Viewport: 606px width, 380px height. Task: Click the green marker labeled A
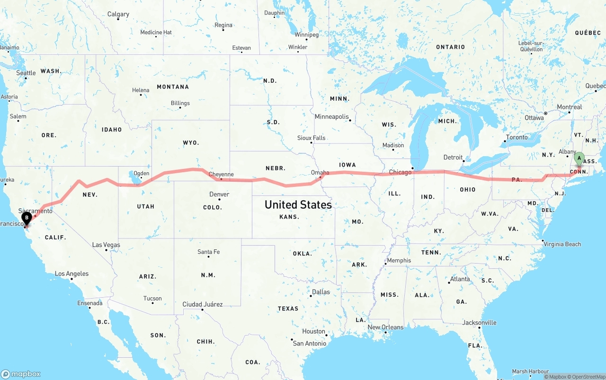click(579, 159)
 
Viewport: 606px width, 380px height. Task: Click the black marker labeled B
click(27, 218)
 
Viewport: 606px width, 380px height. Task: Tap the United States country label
click(298, 204)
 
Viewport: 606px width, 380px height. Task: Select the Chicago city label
click(400, 172)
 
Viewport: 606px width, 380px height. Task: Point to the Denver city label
click(219, 194)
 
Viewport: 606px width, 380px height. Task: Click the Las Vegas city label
click(106, 245)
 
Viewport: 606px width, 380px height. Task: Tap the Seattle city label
click(26, 73)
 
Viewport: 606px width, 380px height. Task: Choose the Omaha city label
click(320, 173)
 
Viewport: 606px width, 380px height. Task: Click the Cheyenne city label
click(221, 174)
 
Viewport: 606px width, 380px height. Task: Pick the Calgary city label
click(118, 14)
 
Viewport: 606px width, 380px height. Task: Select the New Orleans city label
click(385, 327)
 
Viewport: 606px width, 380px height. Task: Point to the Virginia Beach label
click(562, 244)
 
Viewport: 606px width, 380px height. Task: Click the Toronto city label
click(517, 137)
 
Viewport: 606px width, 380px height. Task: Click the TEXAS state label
click(288, 309)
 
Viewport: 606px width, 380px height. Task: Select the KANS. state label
click(289, 217)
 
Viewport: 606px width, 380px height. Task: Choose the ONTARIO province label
click(450, 47)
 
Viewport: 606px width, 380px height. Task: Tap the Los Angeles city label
click(71, 274)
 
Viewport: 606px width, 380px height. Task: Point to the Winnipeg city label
click(306, 35)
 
